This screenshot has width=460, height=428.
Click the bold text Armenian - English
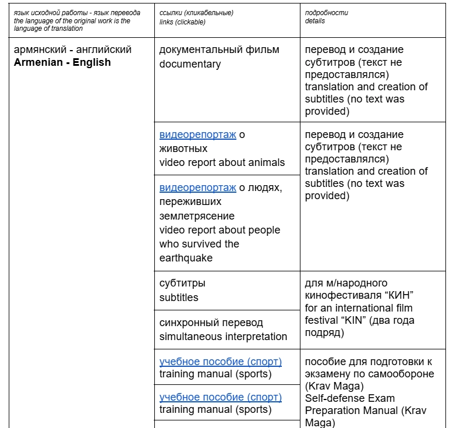pyautogui.click(x=62, y=62)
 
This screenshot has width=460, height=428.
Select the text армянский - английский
pyautogui.click(x=73, y=49)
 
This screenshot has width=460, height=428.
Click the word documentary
pyautogui.click(x=190, y=64)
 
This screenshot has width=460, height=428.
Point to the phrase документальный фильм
pyautogui.click(x=219, y=49)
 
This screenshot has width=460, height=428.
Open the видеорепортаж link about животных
pyautogui.click(x=198, y=135)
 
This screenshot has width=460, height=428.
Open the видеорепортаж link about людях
pyautogui.click(x=198, y=188)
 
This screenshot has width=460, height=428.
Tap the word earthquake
pyautogui.click(x=185, y=258)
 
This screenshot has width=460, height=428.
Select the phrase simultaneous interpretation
pyautogui.click(x=223, y=337)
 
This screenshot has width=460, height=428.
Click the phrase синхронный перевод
pyautogui.click(x=211, y=323)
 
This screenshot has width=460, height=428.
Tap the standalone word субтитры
pyautogui.click(x=182, y=284)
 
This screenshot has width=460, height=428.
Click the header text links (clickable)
pyautogui.click(x=182, y=22)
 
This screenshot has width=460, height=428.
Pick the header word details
pyautogui.click(x=315, y=21)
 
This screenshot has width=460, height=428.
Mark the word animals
pyautogui.click(x=266, y=162)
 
